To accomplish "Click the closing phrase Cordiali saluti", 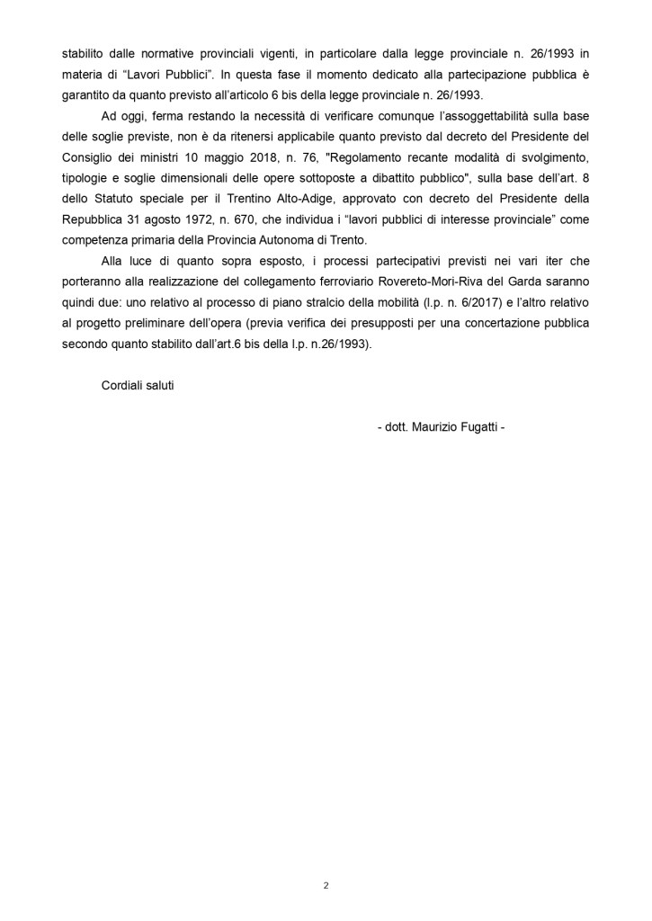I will click(x=138, y=385).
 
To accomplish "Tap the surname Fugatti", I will click(x=479, y=428).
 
